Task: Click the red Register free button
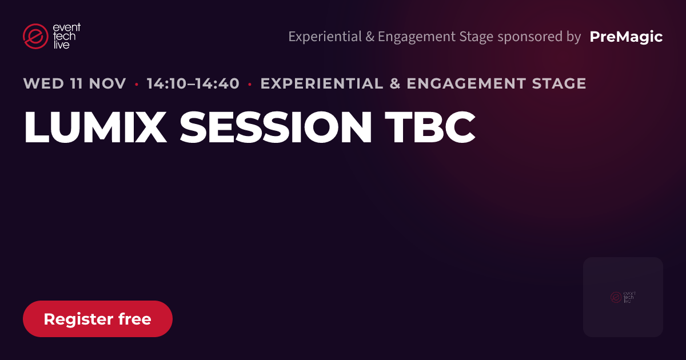coord(98,319)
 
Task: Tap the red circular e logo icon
coord(35,36)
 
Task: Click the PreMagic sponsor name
coord(626,37)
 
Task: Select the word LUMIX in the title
coord(95,127)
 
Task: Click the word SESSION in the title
coord(276,127)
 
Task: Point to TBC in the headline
coord(430,127)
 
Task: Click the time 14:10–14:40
coord(193,83)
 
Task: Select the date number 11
coord(77,83)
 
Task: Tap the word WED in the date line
coord(43,83)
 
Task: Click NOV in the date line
coord(107,83)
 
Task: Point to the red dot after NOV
coord(137,84)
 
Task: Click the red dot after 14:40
coord(250,84)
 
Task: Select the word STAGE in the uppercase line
coord(559,83)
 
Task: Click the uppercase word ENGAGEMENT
coord(466,83)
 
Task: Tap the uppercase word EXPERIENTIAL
coord(322,83)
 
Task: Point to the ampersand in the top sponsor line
coord(370,37)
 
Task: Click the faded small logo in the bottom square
coord(623,297)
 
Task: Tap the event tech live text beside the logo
coord(66,36)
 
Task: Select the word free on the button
coord(135,319)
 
